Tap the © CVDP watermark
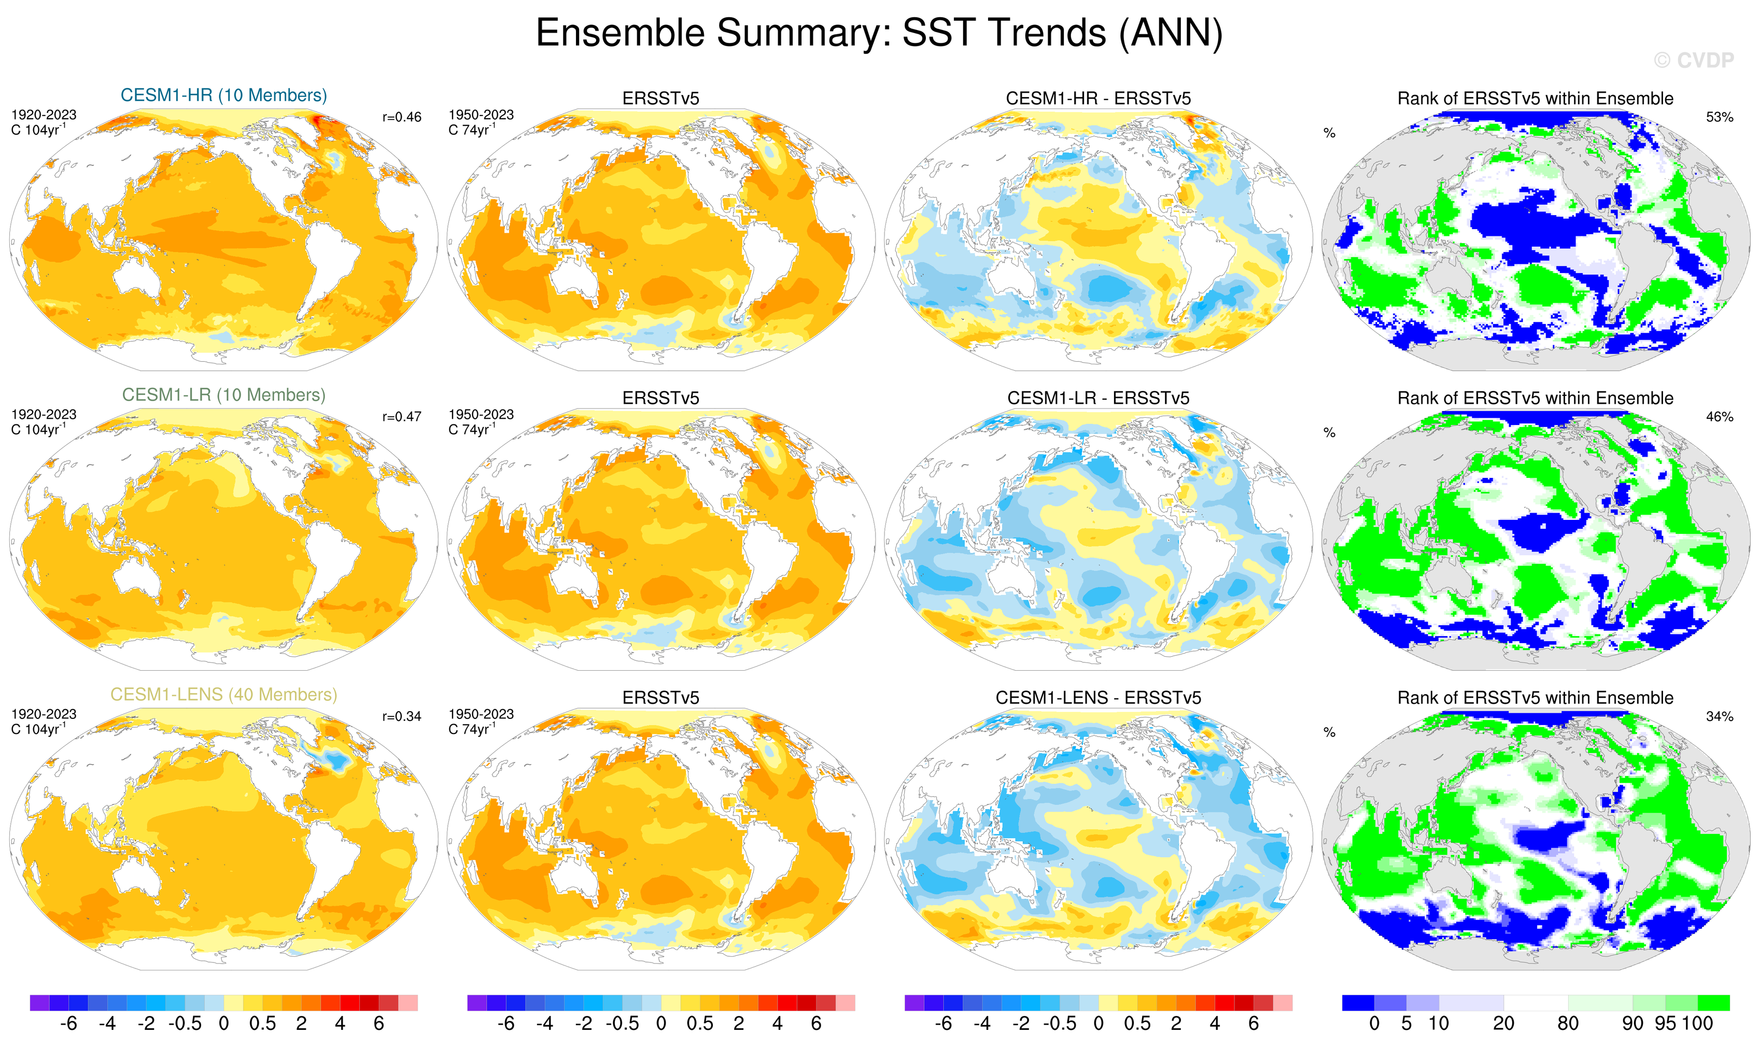[1693, 61]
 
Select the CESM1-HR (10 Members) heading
[224, 95]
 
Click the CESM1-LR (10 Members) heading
[224, 395]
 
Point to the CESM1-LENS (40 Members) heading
[224, 695]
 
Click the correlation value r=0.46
[402, 117]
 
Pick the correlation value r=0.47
[402, 417]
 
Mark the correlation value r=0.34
[402, 717]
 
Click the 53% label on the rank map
[1719, 117]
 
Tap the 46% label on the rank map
[1719, 417]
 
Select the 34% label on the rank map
[1719, 717]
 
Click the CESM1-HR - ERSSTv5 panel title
[1098, 99]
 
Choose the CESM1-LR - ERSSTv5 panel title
[1098, 399]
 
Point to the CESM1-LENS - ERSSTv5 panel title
[1098, 699]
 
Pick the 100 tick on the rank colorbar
[1697, 1024]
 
